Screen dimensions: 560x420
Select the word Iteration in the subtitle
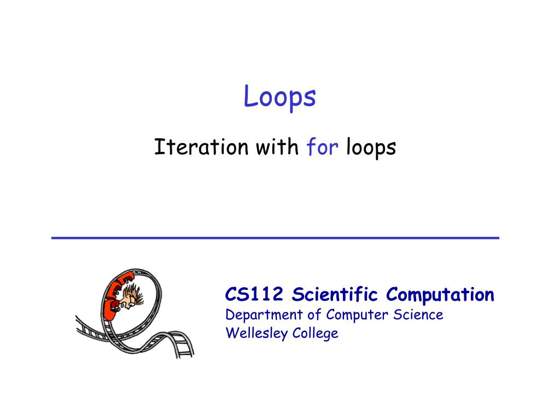click(201, 147)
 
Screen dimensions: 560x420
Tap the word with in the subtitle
click(277, 147)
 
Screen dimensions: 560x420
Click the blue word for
click(322, 147)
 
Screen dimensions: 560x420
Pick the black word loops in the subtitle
click(371, 148)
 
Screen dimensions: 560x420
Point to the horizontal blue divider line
click(276, 238)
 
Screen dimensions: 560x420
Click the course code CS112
click(254, 295)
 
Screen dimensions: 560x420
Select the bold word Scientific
click(335, 294)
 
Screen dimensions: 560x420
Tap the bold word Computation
click(440, 295)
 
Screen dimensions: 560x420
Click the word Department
click(264, 316)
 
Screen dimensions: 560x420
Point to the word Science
click(418, 314)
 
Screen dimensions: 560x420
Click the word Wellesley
click(256, 334)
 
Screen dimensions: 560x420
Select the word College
click(315, 334)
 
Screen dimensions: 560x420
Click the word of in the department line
click(314, 314)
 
